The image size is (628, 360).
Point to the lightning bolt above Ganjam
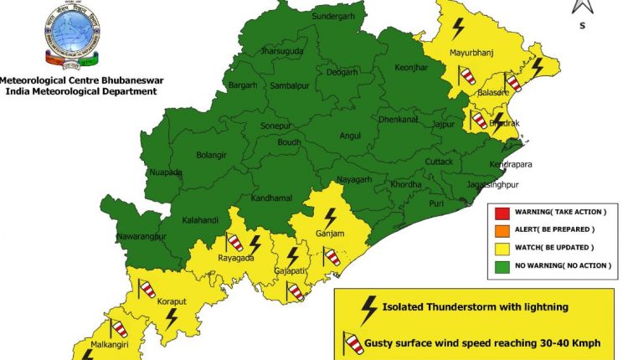pyautogui.click(x=331, y=216)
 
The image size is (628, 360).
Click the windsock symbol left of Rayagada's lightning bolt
pyautogui.click(x=235, y=243)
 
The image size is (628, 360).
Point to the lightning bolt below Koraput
pyautogui.click(x=171, y=318)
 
